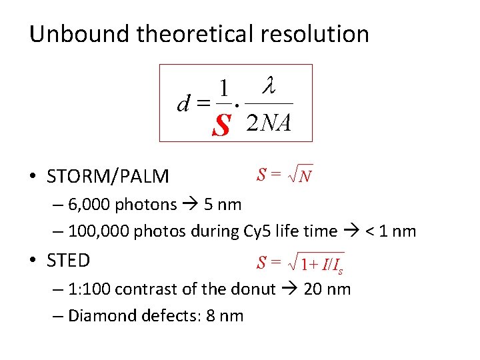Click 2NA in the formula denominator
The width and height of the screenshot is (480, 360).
pos(269,123)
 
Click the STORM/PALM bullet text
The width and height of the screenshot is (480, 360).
pos(107,177)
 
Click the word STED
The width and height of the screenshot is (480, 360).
pos(68,260)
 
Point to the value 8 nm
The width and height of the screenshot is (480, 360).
pos(224,315)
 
